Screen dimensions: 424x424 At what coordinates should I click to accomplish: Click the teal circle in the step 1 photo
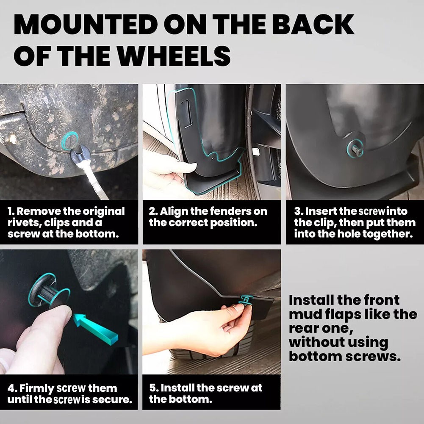pos(70,140)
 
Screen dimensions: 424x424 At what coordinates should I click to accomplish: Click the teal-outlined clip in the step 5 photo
pos(246,300)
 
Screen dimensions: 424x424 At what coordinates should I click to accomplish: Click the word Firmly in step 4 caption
pos(37,388)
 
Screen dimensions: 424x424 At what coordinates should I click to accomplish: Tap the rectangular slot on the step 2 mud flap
pos(187,113)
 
